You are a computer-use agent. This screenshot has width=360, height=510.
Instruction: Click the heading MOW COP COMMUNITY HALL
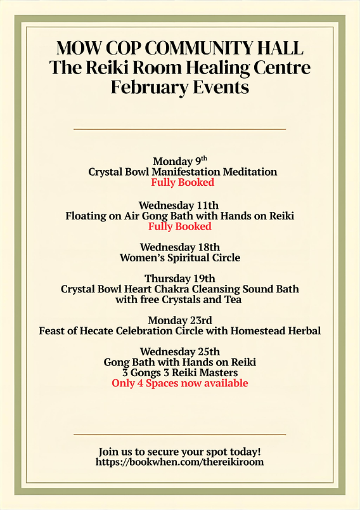(x=179, y=48)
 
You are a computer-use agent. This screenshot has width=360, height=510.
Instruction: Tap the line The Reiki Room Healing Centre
(x=179, y=67)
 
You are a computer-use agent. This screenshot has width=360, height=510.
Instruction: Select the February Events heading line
(x=179, y=87)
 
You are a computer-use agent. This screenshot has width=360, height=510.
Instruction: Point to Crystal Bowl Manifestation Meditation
(x=183, y=172)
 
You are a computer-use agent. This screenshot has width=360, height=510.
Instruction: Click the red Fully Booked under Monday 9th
(x=183, y=183)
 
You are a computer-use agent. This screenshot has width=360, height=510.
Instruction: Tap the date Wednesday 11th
(x=179, y=206)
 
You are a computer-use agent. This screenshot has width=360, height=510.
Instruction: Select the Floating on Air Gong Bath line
(x=179, y=216)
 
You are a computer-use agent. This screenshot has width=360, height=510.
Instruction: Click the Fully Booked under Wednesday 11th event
(x=179, y=226)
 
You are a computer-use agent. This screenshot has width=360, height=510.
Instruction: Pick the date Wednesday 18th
(x=179, y=247)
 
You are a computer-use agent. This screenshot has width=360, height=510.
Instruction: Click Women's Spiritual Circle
(x=179, y=258)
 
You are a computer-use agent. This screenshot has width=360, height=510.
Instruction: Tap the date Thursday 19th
(x=179, y=278)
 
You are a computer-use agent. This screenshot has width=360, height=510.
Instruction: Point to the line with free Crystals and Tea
(x=179, y=299)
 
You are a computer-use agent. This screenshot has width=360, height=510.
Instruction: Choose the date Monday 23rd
(x=179, y=320)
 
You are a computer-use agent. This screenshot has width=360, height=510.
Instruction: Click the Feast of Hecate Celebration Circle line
(x=179, y=330)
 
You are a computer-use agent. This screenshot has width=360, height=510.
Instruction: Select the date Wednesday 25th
(x=179, y=351)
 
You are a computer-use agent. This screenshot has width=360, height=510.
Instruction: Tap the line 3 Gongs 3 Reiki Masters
(x=179, y=372)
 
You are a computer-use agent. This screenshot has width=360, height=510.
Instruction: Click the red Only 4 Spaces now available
(x=179, y=383)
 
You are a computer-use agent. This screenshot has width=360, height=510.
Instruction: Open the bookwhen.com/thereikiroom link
(x=179, y=462)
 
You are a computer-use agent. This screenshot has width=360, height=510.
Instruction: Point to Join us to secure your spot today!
(x=179, y=452)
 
